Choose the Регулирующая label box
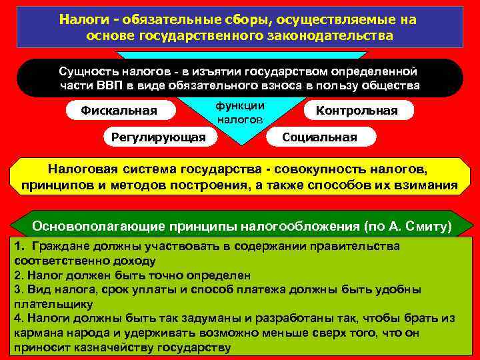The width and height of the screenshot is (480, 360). (x=154, y=137)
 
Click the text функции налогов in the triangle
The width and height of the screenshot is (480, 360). (x=240, y=113)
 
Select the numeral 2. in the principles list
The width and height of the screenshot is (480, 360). (x=18, y=275)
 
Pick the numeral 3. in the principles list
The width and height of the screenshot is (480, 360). (x=18, y=289)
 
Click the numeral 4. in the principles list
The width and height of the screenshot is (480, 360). (x=18, y=318)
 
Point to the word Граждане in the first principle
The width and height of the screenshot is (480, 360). (x=63, y=246)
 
